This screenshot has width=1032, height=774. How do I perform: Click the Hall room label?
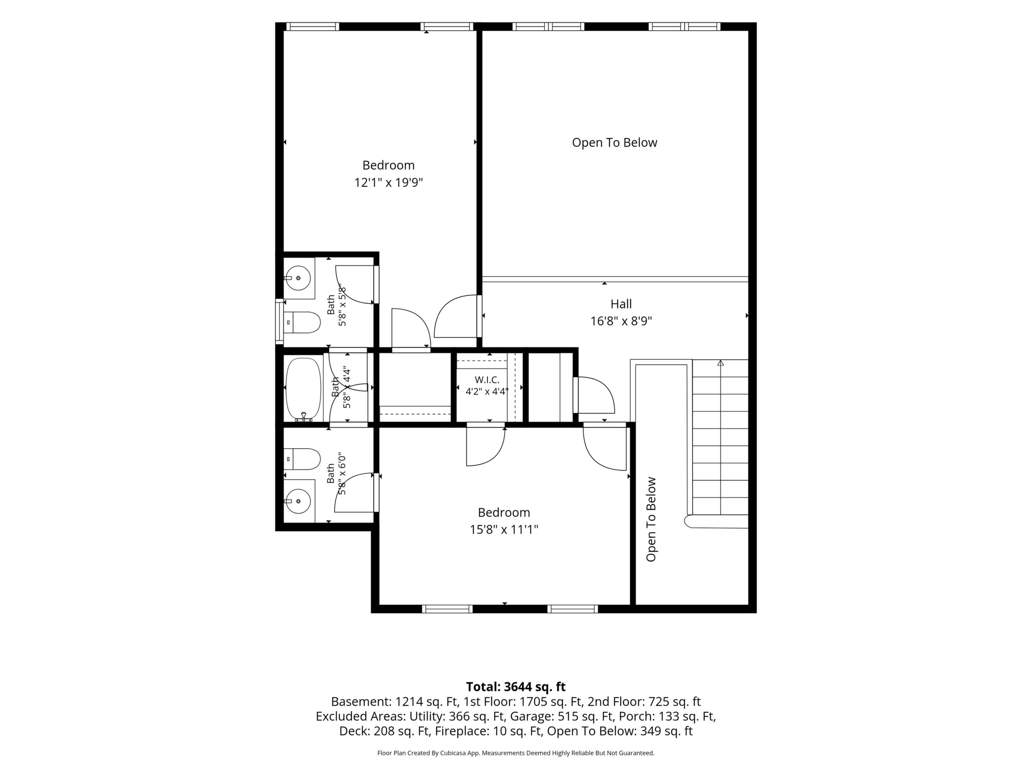(x=621, y=304)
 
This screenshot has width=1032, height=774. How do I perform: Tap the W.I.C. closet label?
(x=487, y=380)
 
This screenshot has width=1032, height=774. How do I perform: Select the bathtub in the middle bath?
(x=303, y=389)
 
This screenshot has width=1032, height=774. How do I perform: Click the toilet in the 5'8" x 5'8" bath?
(x=302, y=322)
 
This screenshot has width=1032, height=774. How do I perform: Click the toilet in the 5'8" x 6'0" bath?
(x=302, y=459)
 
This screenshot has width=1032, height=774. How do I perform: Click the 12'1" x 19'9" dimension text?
(x=389, y=182)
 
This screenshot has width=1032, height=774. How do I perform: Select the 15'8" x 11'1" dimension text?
(x=504, y=530)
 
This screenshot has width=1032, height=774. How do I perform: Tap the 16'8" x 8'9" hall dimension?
(x=621, y=321)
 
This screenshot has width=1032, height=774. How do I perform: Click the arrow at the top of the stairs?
(x=721, y=363)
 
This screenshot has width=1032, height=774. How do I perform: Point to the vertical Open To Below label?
(x=651, y=519)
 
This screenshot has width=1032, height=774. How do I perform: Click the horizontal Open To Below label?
(x=614, y=143)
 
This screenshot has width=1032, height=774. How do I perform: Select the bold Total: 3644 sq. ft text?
(x=516, y=687)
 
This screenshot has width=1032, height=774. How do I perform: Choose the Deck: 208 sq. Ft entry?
(x=384, y=731)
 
